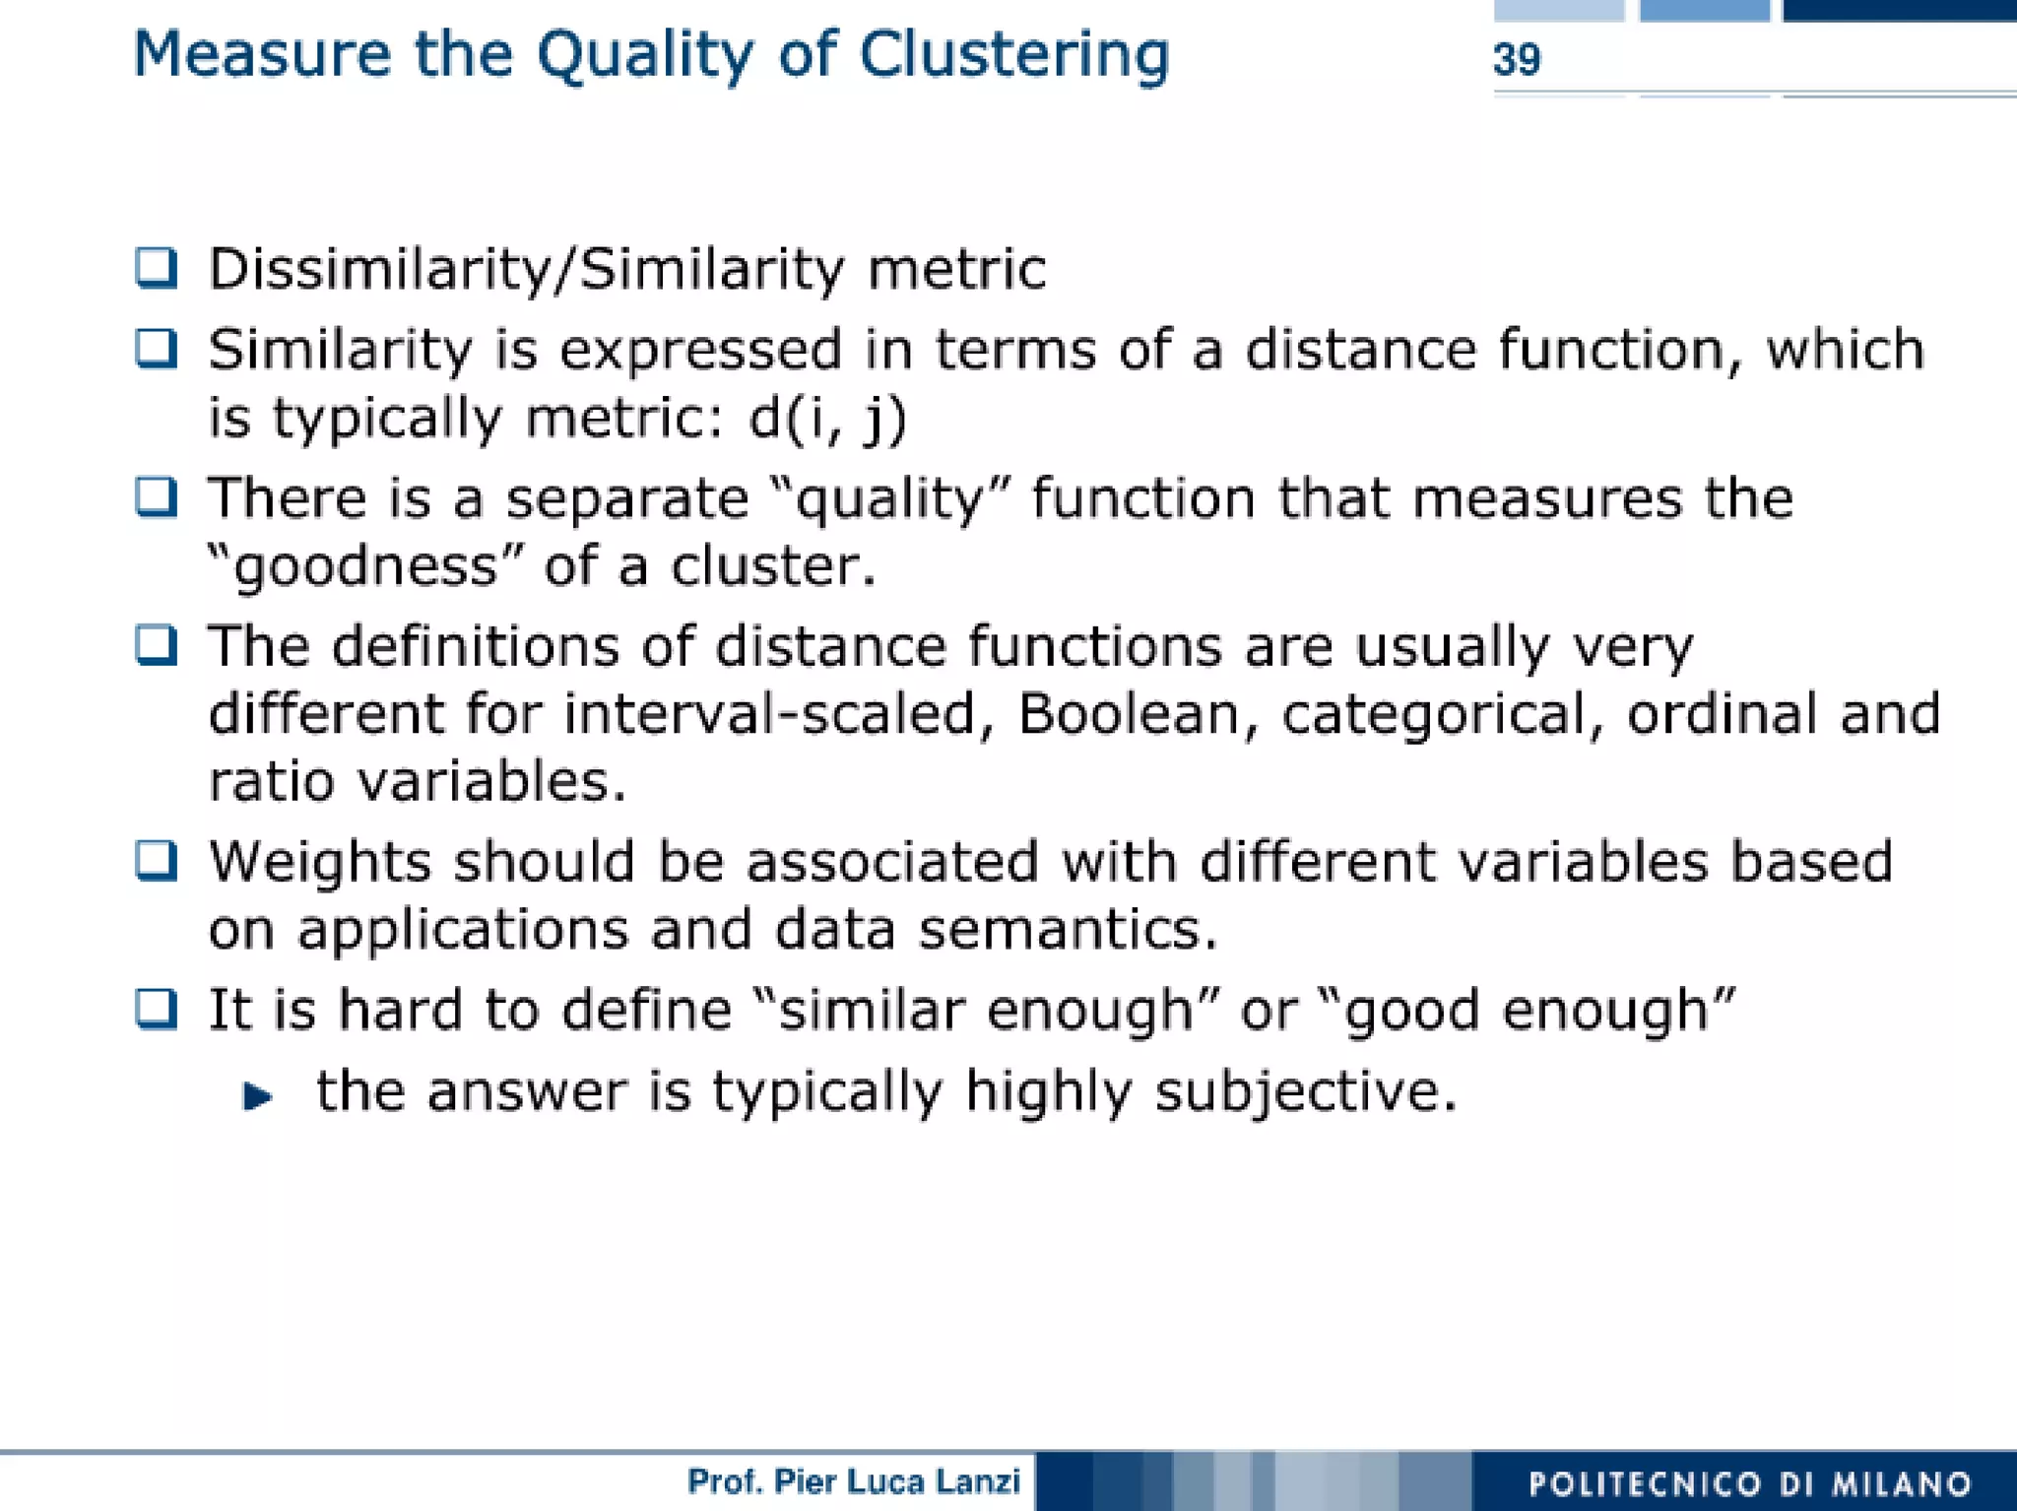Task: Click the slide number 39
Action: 1517,60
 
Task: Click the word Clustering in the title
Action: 1014,55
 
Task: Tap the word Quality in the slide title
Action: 645,55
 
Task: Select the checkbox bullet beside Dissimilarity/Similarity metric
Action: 157,268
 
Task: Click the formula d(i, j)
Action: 827,420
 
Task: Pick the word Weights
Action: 320,862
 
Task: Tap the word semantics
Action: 1069,930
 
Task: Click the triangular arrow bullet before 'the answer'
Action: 257,1095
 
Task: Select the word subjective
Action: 1305,1093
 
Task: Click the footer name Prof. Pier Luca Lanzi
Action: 854,1480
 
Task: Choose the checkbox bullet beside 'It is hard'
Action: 157,1010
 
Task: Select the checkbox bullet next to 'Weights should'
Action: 157,861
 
